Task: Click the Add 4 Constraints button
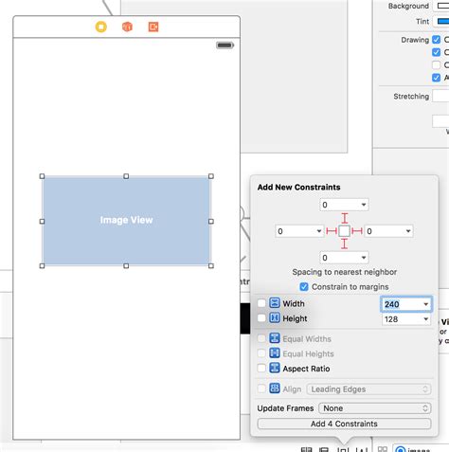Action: [x=344, y=424]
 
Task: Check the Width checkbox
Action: [x=261, y=303]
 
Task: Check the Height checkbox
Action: [x=261, y=319]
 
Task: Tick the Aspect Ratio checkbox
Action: [x=261, y=368]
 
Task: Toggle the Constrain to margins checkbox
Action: [x=303, y=286]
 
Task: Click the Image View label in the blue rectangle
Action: [x=126, y=220]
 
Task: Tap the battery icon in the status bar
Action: [x=224, y=45]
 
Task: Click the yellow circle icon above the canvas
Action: [x=101, y=27]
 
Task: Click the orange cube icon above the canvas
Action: [x=127, y=27]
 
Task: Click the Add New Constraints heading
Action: [x=298, y=187]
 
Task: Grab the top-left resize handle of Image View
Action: [x=43, y=176]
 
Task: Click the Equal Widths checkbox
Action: [x=261, y=338]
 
